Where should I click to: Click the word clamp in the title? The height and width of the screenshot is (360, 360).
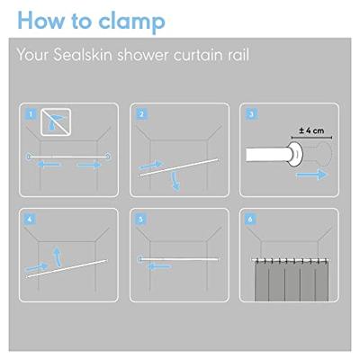tap(132, 22)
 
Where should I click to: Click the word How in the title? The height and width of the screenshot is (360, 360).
tap(41, 21)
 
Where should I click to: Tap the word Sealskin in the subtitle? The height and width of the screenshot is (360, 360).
tap(83, 55)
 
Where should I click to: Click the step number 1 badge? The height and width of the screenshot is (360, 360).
tap(31, 114)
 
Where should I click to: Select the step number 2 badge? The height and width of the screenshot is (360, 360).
tap(141, 114)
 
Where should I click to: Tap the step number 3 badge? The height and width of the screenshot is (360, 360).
tap(251, 114)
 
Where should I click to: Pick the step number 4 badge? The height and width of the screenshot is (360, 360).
tap(30, 220)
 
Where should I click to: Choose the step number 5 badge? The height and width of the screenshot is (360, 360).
tap(140, 220)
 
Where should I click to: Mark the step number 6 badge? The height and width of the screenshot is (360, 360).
tap(250, 220)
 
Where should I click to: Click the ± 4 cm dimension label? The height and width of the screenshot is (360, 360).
tap(311, 130)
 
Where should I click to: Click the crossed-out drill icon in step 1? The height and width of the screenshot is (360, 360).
tap(56, 122)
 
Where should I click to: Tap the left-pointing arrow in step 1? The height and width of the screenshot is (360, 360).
tap(49, 164)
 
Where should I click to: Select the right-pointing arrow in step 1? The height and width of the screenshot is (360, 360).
tap(89, 165)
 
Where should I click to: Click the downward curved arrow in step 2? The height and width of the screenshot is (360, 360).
tap(175, 182)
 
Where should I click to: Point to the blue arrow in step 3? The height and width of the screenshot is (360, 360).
tap(311, 175)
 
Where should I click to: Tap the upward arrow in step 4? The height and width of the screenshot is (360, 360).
tap(57, 256)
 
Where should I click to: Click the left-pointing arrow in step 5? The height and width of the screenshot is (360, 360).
tap(160, 266)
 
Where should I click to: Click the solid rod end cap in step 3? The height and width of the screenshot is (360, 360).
tap(295, 155)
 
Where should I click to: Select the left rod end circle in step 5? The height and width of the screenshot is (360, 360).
tap(140, 259)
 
